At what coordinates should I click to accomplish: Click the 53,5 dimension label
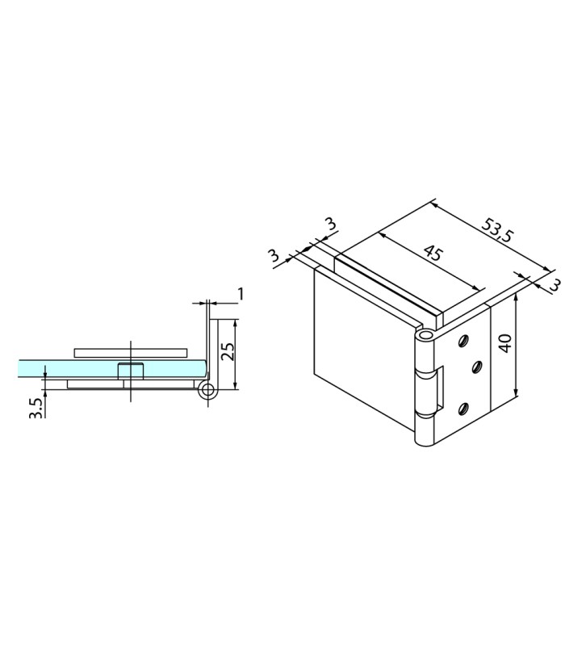pos(497,230)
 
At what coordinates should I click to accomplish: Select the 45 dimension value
pos(433,253)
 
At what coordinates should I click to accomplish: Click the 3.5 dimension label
pos(36,408)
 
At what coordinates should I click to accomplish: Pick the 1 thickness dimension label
pos(241,294)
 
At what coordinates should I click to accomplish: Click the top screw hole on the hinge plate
pos(463,341)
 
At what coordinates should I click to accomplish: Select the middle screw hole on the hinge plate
pos(477,367)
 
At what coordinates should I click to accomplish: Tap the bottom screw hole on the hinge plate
pos(463,409)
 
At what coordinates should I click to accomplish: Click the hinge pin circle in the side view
pos(207,390)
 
